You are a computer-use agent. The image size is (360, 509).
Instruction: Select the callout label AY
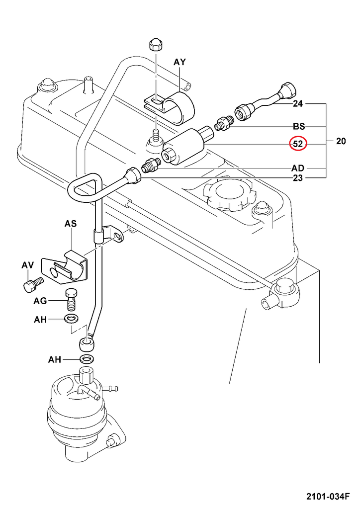tap(180, 62)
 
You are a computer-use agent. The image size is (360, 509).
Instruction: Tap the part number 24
tap(298, 104)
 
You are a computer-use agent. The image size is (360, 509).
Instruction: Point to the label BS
tap(298, 126)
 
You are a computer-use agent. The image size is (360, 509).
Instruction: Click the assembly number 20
tap(341, 141)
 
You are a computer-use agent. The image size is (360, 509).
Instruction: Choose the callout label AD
tap(298, 168)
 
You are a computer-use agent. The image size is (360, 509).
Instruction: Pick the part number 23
tap(298, 177)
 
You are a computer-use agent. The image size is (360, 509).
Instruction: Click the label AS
tap(71, 224)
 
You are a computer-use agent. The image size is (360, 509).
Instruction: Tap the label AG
tap(40, 301)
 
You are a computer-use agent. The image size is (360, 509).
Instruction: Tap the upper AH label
tap(40, 320)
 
